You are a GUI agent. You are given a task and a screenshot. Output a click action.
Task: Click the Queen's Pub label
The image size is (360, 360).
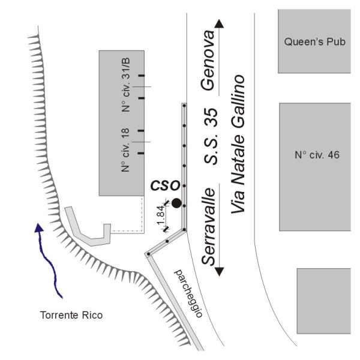point(315,42)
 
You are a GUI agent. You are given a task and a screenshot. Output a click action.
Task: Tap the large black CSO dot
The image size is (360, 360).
point(176,203)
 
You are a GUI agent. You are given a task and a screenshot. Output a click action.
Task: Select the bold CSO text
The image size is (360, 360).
point(166,185)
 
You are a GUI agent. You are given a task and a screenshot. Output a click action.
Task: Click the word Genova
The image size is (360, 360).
point(208,60)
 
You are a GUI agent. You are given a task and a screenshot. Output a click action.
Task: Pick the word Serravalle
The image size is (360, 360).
point(208,227)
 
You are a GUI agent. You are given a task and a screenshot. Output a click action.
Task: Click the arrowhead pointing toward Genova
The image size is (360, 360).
point(219,23)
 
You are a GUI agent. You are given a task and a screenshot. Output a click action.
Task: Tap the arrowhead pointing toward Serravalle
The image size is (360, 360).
point(219,272)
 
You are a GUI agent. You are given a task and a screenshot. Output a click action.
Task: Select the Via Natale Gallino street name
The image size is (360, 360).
point(238,144)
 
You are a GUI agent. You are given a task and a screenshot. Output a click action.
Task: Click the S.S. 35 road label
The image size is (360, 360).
point(211,136)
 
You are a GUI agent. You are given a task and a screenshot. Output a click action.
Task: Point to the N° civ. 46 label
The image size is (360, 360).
point(317,155)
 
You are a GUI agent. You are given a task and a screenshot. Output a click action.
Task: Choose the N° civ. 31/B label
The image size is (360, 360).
point(126,85)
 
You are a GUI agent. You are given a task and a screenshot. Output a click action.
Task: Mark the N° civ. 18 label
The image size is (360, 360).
point(125,150)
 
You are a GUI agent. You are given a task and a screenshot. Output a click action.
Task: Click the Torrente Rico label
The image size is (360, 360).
point(71,315)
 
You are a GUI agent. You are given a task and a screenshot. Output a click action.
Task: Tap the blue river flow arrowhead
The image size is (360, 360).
point(39,227)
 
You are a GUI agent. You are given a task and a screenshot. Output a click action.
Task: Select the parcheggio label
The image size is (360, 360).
point(189,293)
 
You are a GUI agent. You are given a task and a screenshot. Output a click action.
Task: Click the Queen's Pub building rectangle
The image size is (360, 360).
point(314,41)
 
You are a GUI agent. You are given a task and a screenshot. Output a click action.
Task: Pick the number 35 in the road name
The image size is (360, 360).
point(211,118)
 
